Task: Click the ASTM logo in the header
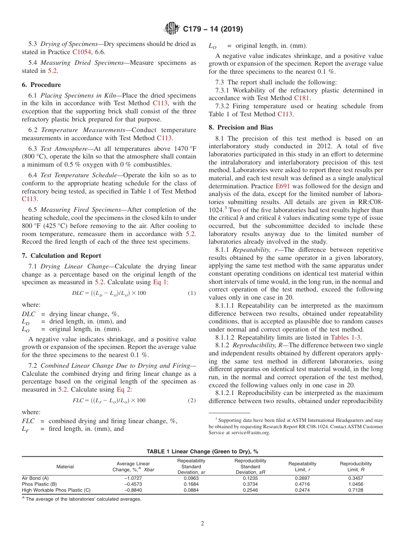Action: (x=172, y=29)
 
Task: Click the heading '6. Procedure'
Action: (x=41, y=85)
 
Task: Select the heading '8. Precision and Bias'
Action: (x=241, y=127)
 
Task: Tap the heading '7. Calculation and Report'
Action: (x=62, y=256)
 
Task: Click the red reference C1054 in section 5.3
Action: (x=81, y=52)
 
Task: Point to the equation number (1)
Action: (x=192, y=293)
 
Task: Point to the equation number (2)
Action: (x=192, y=401)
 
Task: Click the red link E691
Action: (x=282, y=186)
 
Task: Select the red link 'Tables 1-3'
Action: (x=346, y=326)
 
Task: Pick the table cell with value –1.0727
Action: (x=133, y=478)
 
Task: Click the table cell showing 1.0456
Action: (x=356, y=484)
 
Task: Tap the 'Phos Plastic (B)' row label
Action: (x=39, y=484)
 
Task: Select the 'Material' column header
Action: (x=65, y=467)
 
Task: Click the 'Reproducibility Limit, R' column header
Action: (x=356, y=467)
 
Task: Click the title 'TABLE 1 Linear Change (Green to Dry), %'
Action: (x=202, y=451)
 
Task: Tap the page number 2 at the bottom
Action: (x=202, y=524)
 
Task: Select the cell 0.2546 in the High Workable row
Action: (x=250, y=490)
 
